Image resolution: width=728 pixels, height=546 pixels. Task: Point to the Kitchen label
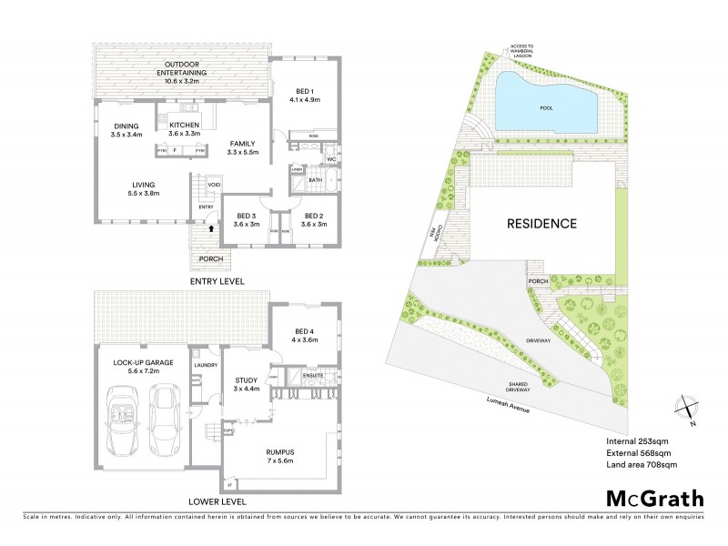click(x=184, y=129)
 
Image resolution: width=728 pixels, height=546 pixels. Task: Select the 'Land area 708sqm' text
click(x=642, y=465)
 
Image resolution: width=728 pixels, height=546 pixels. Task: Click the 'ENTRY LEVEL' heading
click(x=216, y=282)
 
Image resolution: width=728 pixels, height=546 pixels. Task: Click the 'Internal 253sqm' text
click(x=637, y=441)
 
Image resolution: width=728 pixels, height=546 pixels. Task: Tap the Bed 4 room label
click(x=304, y=335)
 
